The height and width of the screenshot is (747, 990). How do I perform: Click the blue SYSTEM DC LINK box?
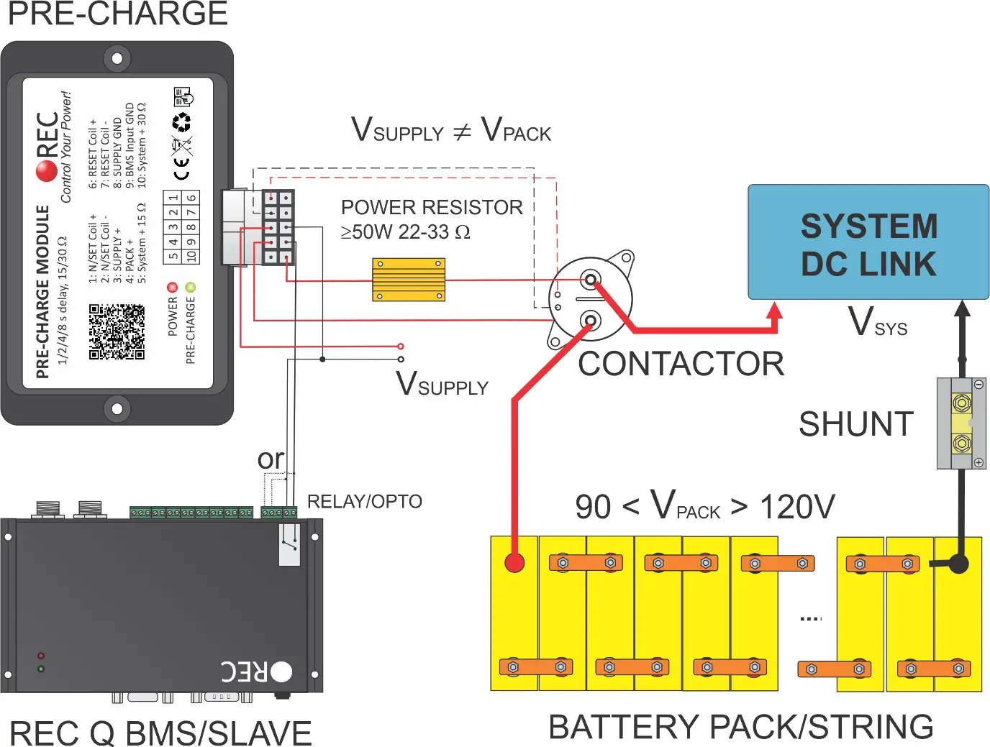[x=868, y=242]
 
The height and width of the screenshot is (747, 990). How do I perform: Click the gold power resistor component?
[x=409, y=280]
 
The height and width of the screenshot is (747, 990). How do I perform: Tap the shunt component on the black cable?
[x=961, y=423]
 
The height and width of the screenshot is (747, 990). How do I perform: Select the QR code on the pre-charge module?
[x=117, y=331]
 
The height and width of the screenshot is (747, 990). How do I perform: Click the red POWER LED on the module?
[x=172, y=288]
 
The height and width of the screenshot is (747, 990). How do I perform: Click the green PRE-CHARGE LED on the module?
[x=190, y=288]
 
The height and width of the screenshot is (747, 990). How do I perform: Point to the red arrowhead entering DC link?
[x=775, y=311]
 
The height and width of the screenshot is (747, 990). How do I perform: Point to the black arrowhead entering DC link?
[x=962, y=309]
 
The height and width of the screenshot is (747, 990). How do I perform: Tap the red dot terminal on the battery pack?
[x=514, y=562]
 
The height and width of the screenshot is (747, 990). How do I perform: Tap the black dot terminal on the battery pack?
[x=958, y=563]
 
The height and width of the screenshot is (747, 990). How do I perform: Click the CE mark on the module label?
[x=182, y=170]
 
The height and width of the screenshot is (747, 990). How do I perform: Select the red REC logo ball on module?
[x=47, y=170]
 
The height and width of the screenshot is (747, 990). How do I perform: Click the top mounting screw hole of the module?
[x=117, y=58]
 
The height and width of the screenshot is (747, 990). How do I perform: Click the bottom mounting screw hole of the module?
[x=117, y=409]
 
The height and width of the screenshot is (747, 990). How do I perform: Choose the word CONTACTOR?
[x=681, y=364]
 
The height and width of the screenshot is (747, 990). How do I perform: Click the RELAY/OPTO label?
[x=364, y=501]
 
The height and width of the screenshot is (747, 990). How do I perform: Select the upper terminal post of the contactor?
[x=591, y=279]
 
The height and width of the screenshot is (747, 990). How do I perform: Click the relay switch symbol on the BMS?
[x=289, y=544]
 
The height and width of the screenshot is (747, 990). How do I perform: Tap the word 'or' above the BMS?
[x=271, y=459]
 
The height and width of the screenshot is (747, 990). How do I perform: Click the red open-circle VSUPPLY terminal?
[x=401, y=347]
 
